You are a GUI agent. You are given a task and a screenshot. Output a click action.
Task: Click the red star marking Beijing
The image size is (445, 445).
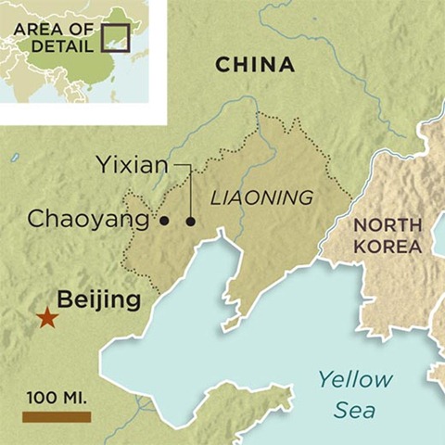pyautogui.click(x=46, y=318)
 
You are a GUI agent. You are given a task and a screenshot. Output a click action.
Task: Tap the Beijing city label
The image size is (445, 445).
pyautogui.click(x=99, y=300)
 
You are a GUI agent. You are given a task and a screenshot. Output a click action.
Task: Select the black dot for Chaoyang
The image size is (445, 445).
pyautogui.click(x=164, y=221)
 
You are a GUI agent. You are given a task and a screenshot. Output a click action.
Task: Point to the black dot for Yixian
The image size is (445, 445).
pyautogui.click(x=191, y=221)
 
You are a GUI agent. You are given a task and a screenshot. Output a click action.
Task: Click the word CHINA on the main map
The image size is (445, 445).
pyautogui.click(x=255, y=65)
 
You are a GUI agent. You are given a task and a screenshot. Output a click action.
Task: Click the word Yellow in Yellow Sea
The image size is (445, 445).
pyautogui.click(x=355, y=379)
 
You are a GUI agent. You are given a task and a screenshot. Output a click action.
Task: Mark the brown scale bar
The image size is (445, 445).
pyautogui.click(x=57, y=417)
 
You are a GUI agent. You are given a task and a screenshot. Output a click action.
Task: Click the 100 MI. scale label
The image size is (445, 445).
pyautogui.click(x=57, y=398)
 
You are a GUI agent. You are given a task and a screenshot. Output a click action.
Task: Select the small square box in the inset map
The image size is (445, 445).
pyautogui.click(x=114, y=36)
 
